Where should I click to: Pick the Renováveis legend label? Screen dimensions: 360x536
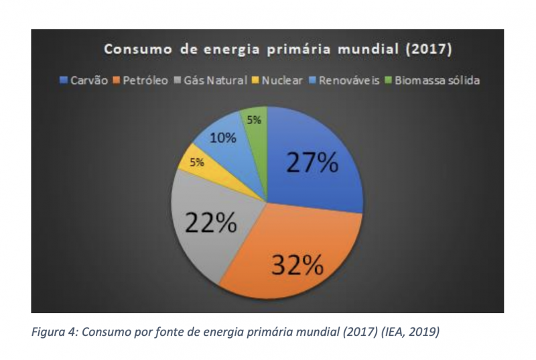[345, 80]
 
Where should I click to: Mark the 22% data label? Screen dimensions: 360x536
[210, 223]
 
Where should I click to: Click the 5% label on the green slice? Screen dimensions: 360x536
[255, 121]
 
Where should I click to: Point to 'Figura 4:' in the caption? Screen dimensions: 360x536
[54, 331]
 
